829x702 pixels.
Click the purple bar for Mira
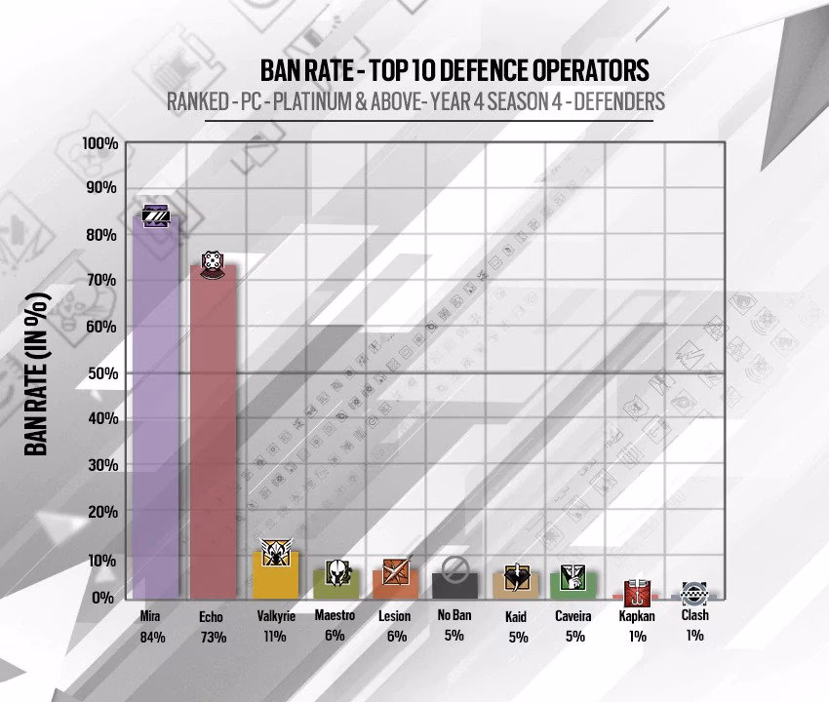(x=155, y=409)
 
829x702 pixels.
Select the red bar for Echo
(x=214, y=434)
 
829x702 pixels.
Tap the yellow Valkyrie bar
(x=273, y=575)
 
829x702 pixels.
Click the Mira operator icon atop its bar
(x=156, y=216)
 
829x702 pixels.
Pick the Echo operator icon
(x=214, y=262)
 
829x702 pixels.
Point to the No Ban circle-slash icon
(x=454, y=568)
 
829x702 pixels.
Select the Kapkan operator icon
(x=636, y=588)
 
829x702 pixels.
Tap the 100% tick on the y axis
(x=100, y=143)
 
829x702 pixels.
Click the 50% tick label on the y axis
(x=100, y=373)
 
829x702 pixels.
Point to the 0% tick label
(x=104, y=597)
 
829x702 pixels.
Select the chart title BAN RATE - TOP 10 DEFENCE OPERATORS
(x=454, y=71)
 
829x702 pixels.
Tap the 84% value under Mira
(x=153, y=638)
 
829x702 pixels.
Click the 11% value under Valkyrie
(x=273, y=638)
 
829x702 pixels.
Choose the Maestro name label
(x=335, y=616)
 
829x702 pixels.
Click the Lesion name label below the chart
(x=395, y=616)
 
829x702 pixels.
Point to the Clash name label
(x=695, y=616)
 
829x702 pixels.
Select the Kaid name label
(x=517, y=618)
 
